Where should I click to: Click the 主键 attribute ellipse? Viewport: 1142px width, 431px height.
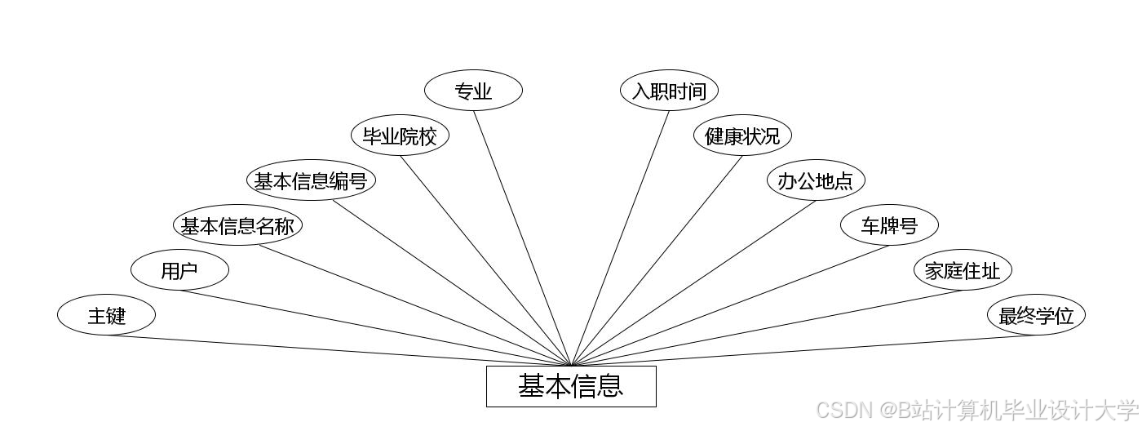pos(106,315)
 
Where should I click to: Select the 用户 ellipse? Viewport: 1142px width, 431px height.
pos(179,270)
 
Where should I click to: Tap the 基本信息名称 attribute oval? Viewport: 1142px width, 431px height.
pos(237,225)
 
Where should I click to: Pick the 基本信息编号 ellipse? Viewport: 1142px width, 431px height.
pos(311,180)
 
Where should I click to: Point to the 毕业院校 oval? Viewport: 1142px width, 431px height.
pos(400,136)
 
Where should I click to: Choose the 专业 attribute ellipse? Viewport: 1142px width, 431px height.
pos(473,91)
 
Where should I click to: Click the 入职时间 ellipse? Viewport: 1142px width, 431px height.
pos(669,91)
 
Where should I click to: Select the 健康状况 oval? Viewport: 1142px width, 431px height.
pos(742,136)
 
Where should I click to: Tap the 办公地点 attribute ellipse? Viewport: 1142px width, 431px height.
pos(816,180)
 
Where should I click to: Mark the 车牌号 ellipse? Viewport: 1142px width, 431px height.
pos(889,225)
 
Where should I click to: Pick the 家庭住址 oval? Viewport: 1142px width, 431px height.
pos(963,270)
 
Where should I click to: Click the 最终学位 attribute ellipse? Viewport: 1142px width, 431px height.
pos(1036,315)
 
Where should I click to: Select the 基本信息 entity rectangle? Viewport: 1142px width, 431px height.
pos(571,386)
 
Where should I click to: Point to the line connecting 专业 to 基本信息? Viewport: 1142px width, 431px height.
pos(522,238)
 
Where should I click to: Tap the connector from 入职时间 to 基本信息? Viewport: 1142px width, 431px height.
pos(620,238)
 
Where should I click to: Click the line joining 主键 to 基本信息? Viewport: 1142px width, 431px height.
pos(339,350)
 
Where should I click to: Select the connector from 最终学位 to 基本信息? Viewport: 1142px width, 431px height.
pos(803,350)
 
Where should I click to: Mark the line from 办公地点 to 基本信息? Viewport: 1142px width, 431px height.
pos(693,283)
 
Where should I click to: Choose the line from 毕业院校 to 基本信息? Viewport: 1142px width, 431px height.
pos(485,260)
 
